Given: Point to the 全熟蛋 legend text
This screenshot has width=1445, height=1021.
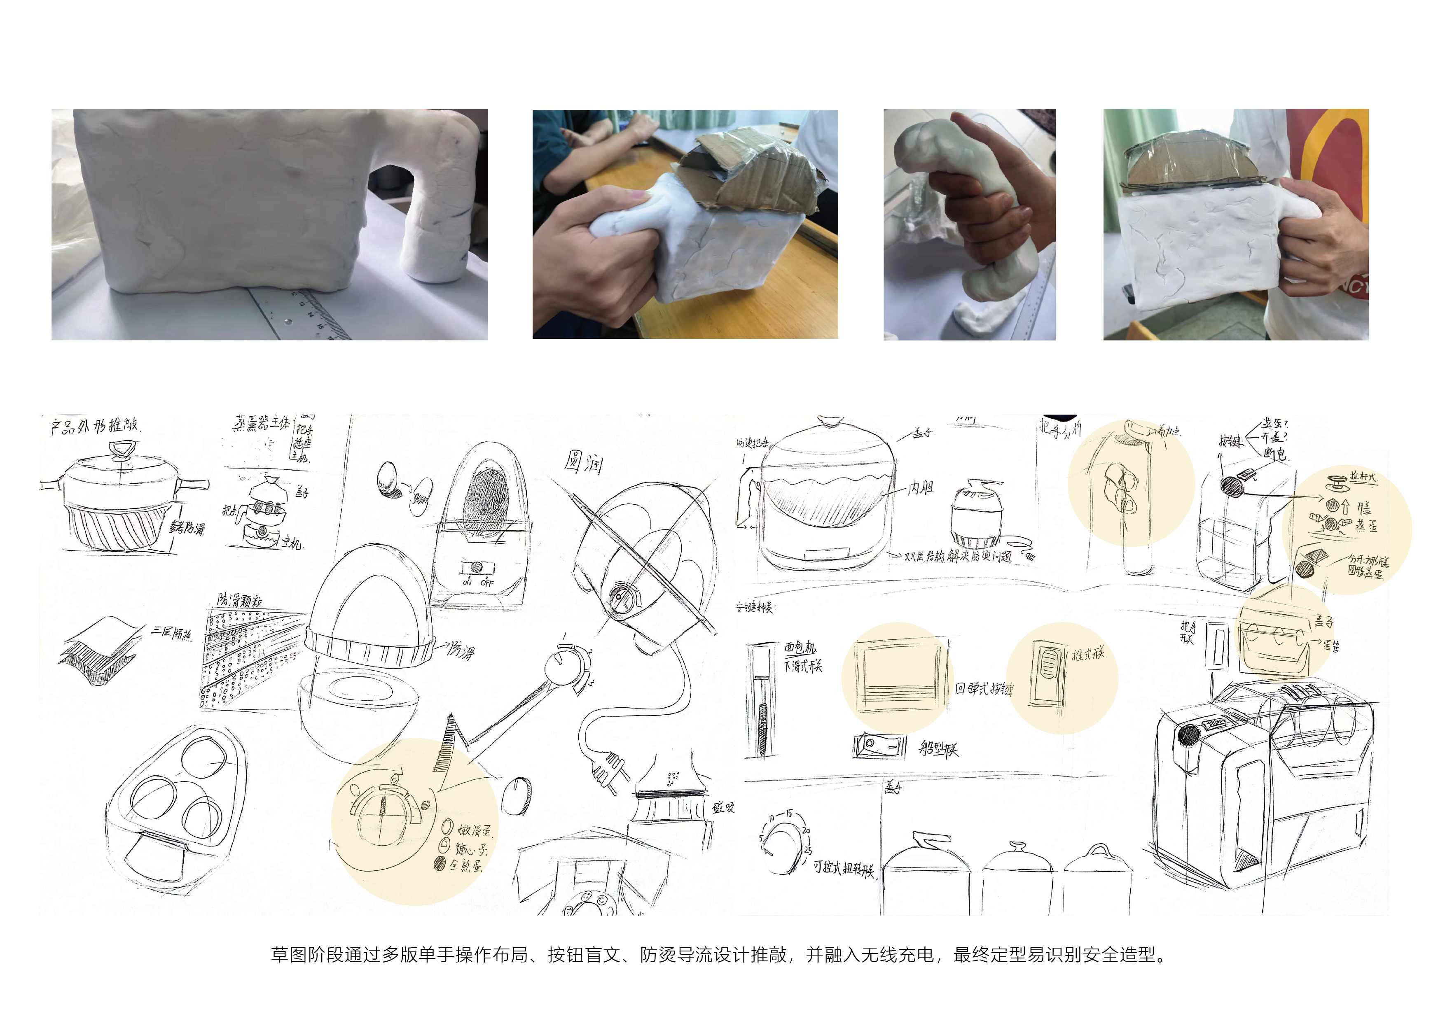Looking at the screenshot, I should [x=466, y=866].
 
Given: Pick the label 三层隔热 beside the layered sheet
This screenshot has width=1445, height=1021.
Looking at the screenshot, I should [x=171, y=632].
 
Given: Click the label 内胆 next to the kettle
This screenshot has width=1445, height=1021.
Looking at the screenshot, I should [x=921, y=488].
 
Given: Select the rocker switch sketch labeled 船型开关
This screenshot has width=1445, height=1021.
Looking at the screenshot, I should [x=879, y=746].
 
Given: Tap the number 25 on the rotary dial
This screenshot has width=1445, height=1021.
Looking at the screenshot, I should [x=808, y=851].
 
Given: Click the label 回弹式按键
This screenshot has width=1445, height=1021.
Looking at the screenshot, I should [x=984, y=689].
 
